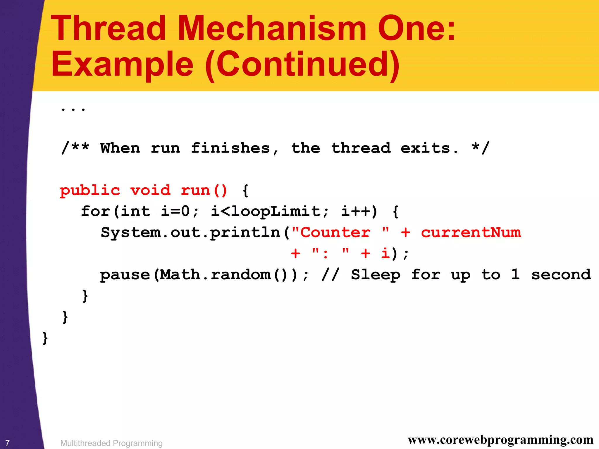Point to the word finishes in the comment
click(x=230, y=148)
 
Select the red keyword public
click(x=90, y=191)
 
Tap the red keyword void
click(x=150, y=191)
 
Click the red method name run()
click(x=204, y=191)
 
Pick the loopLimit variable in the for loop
click(x=276, y=211)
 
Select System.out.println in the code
click(x=191, y=233)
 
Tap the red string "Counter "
click(x=340, y=233)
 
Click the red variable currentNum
click(x=471, y=233)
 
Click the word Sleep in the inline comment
click(x=376, y=275)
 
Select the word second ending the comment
click(x=561, y=275)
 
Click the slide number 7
click(x=8, y=443)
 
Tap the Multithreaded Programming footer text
click(x=111, y=443)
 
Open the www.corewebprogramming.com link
click(x=500, y=440)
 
